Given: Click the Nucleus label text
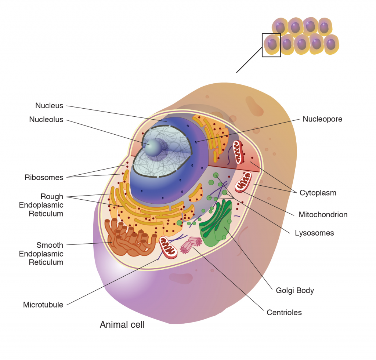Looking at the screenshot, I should tap(49, 106).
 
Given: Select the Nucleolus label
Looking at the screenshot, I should tap(46, 120).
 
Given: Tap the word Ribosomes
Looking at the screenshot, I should tap(44, 178).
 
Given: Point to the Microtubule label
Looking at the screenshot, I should tap(43, 305).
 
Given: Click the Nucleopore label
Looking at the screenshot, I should tap(322, 119).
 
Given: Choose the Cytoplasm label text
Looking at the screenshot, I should tap(318, 193).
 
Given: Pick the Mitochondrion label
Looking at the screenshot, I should tap(323, 215).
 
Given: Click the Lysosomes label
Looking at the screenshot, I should tap(314, 233).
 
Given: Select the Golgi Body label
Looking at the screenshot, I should tap(295, 291).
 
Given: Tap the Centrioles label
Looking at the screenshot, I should tap(284, 313).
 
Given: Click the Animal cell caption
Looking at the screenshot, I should tap(122, 325).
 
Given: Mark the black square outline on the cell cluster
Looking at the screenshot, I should tap(271, 45).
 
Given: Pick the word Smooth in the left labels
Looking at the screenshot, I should tap(50, 245).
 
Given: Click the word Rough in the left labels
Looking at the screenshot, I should tap(52, 197).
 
